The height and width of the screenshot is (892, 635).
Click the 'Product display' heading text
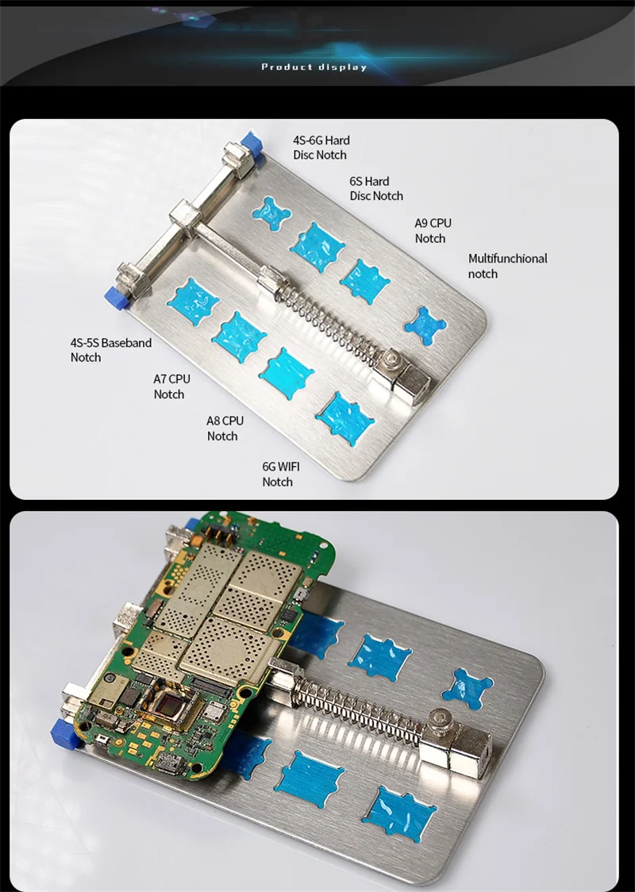click(314, 67)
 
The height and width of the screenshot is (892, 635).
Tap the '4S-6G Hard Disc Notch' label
click(321, 148)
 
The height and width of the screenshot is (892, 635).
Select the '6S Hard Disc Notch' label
click(376, 188)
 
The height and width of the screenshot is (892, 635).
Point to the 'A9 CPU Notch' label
click(433, 230)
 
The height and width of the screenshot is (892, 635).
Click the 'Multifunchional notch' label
click(507, 266)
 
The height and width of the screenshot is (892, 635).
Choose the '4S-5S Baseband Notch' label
click(111, 350)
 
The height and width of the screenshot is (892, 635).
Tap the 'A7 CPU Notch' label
click(171, 386)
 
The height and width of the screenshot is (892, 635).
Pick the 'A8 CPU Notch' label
click(225, 428)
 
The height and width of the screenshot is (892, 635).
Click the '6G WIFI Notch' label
click(280, 474)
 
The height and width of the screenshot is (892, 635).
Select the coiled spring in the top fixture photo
click(327, 321)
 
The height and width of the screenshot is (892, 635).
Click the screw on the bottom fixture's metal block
click(440, 719)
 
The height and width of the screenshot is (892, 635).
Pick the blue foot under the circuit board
click(64, 733)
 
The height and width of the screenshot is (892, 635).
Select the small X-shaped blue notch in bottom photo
click(468, 689)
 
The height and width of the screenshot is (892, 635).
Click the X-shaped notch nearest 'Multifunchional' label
click(425, 326)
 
